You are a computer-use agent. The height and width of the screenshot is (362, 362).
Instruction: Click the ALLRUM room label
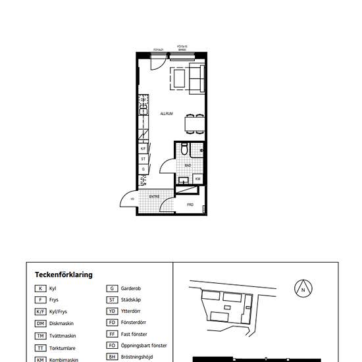tap(167, 114)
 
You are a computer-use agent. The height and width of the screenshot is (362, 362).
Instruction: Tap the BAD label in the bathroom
tap(188, 165)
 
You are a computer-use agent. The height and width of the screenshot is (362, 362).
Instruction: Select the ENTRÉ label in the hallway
tap(154, 196)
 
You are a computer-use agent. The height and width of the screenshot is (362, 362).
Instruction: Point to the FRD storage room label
tap(190, 205)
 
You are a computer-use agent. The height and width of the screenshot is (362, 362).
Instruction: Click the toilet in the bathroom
tap(186, 150)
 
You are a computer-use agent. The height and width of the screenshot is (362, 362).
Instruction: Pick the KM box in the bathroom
tap(197, 178)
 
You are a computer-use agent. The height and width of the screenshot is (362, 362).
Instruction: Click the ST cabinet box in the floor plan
tap(143, 159)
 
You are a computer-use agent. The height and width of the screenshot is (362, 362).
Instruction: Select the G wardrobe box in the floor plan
tap(143, 169)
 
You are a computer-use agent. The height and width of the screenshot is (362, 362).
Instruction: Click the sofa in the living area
tap(197, 78)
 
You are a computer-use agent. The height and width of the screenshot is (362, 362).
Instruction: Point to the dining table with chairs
tap(192, 123)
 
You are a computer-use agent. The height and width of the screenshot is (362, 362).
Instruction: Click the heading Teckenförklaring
tap(64, 275)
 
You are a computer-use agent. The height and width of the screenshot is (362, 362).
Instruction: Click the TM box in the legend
tap(41, 336)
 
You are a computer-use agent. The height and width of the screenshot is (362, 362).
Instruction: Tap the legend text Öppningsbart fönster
tap(145, 346)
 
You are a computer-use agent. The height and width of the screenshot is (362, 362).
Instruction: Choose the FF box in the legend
tap(113, 334)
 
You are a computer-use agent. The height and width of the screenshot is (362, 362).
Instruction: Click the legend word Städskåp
tap(134, 300)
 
